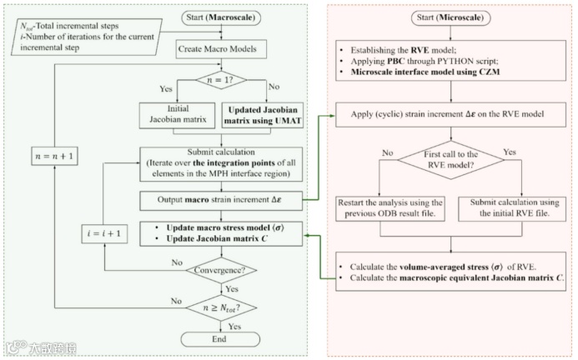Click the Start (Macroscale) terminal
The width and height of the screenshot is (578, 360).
[221, 17]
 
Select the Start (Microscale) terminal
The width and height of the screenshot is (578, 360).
[450, 17]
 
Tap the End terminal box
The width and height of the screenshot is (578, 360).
[220, 339]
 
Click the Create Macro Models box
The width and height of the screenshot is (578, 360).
[221, 49]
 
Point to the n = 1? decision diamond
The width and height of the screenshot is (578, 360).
[221, 80]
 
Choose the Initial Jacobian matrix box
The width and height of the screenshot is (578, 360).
[178, 115]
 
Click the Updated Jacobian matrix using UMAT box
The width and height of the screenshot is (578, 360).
[263, 115]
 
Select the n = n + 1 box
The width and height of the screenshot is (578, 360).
[54, 156]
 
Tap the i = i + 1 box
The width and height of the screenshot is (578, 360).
[104, 233]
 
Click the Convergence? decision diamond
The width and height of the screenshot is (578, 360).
[221, 271]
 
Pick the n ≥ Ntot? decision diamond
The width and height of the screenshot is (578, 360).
[221, 307]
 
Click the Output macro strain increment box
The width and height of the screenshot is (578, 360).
[221, 201]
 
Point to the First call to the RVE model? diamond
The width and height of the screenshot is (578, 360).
[450, 160]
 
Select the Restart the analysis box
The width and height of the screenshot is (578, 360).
[390, 208]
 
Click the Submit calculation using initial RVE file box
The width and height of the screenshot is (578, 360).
[512, 208]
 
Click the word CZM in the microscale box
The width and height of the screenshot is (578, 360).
[489, 72]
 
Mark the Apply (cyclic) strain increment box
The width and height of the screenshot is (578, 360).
[450, 115]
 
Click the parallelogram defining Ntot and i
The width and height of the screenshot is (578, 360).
[87, 37]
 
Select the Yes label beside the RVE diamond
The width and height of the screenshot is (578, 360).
[510, 152]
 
